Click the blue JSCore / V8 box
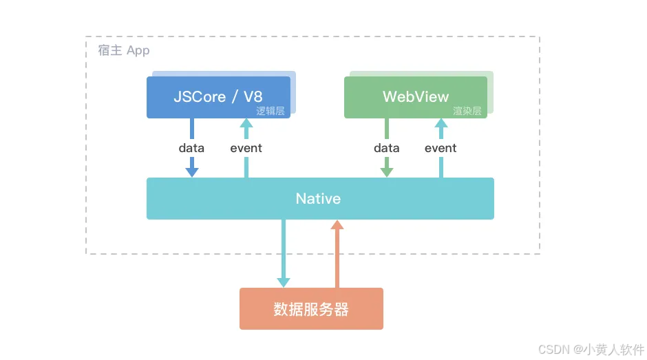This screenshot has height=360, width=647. click(x=218, y=97)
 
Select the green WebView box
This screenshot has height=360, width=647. click(x=416, y=97)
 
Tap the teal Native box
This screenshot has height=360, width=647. click(x=320, y=199)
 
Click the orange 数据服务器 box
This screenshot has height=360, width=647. click(x=311, y=309)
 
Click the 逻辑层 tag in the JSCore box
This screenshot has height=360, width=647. click(x=271, y=111)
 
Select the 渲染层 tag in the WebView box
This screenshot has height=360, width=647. click(x=467, y=111)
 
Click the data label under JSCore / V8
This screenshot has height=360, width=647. click(x=191, y=148)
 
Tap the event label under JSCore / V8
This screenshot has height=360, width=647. click(x=246, y=148)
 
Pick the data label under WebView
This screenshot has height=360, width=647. click(x=387, y=148)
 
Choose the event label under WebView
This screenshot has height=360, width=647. click(x=441, y=148)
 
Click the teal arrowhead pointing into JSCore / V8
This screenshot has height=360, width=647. click(x=246, y=124)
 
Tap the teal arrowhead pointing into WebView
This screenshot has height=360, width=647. click(x=441, y=124)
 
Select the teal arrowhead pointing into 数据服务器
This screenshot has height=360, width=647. click(x=284, y=282)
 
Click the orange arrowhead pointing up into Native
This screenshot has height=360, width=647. click(x=337, y=225)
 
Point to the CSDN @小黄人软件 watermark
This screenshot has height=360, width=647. click(x=591, y=349)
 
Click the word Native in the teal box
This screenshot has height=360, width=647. click(x=318, y=199)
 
